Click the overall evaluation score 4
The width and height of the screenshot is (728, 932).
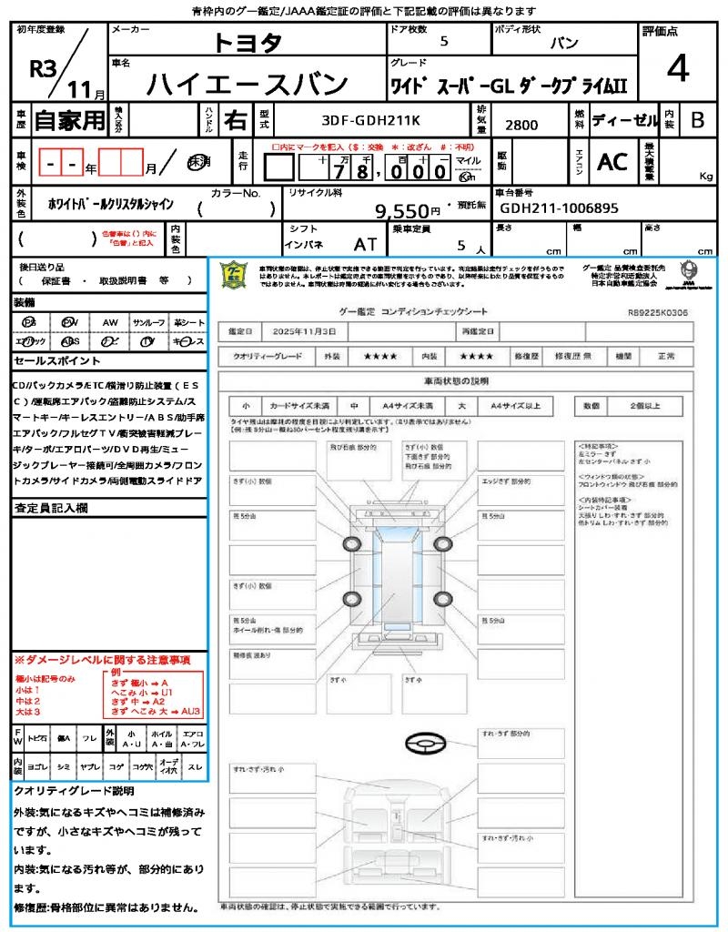[678, 69]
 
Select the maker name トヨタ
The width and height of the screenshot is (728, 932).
[248, 43]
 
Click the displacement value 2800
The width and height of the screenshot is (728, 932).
[521, 126]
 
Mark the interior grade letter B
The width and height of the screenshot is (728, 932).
[697, 120]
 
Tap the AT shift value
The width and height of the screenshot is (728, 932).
[365, 244]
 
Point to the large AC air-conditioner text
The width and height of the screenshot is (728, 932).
[612, 162]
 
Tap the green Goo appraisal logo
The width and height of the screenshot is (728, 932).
[235, 274]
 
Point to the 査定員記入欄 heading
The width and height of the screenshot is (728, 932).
[51, 508]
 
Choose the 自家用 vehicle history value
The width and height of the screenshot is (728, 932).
[69, 119]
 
